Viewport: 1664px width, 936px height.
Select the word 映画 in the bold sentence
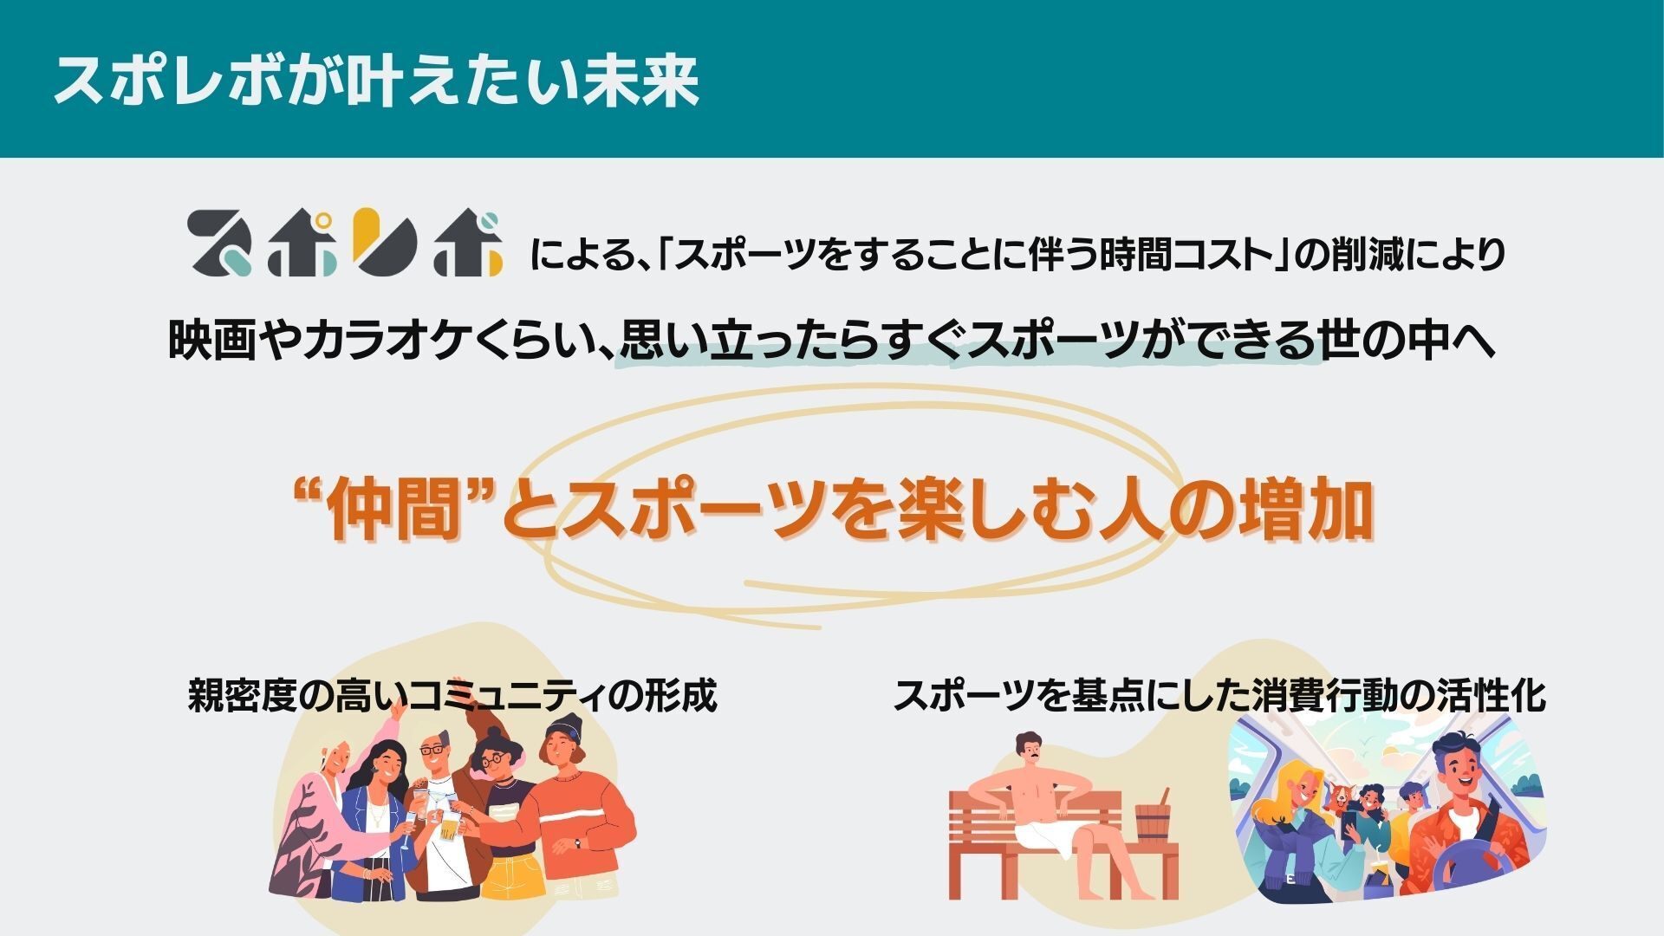[211, 340]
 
